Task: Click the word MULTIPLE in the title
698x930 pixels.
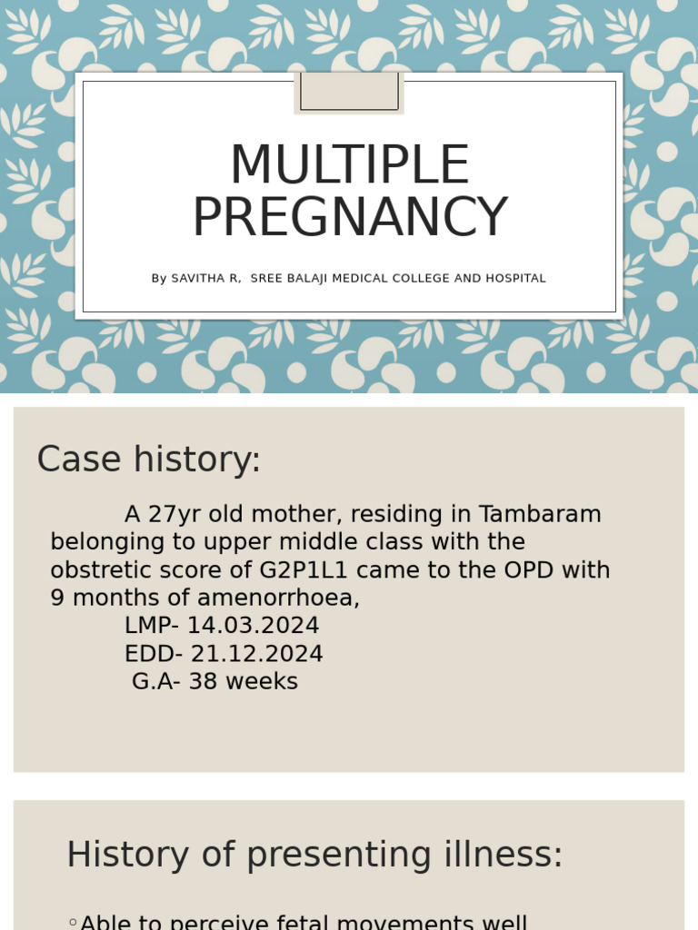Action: (x=349, y=165)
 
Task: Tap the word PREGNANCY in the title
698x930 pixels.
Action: (x=349, y=218)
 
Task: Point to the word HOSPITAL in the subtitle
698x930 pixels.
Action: (x=517, y=279)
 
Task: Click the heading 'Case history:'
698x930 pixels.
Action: (x=149, y=460)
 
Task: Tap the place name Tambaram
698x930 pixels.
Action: (x=540, y=514)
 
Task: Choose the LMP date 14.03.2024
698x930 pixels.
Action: (x=254, y=626)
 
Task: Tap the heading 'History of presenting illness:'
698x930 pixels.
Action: (x=314, y=856)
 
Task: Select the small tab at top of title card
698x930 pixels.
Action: (x=349, y=93)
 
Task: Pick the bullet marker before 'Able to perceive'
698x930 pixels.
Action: (x=73, y=923)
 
